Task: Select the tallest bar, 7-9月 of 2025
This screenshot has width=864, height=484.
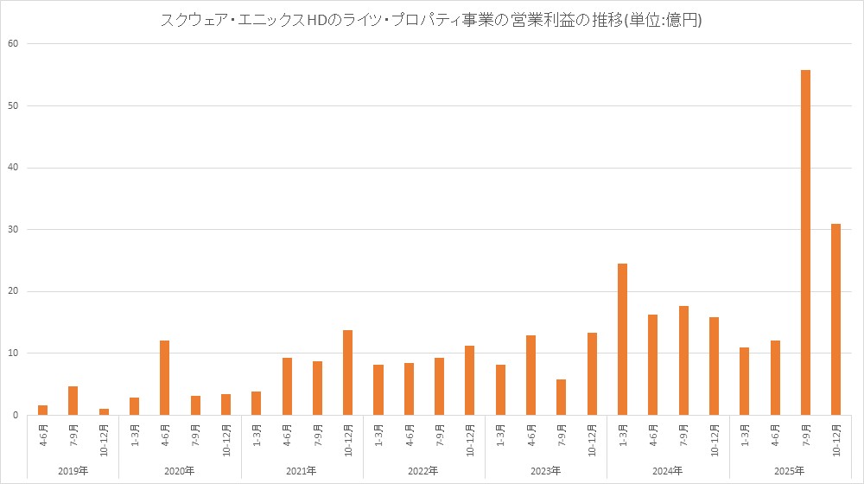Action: [805, 242]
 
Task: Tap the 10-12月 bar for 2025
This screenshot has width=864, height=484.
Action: [835, 320]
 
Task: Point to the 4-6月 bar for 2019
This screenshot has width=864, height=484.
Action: [42, 410]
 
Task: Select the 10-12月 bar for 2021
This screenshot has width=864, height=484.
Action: [347, 373]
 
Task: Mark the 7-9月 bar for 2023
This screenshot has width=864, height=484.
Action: [562, 397]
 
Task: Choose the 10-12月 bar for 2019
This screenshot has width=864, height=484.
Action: [104, 411]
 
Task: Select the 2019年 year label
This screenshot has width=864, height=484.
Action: [73, 470]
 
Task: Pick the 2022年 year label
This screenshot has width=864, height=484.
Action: [423, 470]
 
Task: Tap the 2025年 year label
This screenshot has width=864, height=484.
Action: [790, 470]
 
